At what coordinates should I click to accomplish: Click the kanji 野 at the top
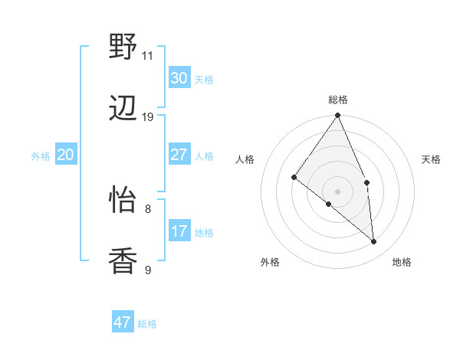coord(123,47)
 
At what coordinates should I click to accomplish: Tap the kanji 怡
coord(123,200)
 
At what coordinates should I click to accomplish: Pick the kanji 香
coord(123,261)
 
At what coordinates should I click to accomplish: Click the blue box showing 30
coord(179,78)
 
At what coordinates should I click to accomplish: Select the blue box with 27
coord(179,155)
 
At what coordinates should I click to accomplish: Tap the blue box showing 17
coord(179,231)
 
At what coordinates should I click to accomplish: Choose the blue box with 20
coord(65,155)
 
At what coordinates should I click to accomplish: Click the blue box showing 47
coord(123,322)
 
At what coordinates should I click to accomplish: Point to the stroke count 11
coord(147,56)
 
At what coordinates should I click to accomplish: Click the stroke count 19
coord(148,117)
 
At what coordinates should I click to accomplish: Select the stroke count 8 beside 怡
coord(148,208)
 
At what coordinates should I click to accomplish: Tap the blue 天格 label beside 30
coord(204,79)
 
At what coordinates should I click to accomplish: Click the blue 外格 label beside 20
coord(41,156)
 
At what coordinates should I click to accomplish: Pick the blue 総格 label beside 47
coord(147,323)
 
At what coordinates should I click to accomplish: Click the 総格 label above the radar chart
coord(338,100)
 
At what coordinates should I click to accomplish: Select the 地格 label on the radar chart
coord(402,262)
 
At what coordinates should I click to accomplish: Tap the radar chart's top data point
coord(337,116)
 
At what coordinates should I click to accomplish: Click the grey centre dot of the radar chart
coord(337,191)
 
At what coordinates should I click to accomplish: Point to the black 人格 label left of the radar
coord(245,159)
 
